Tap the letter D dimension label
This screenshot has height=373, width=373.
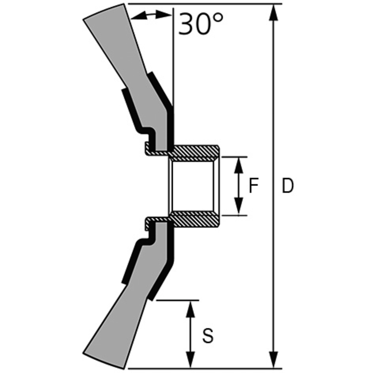[288, 186]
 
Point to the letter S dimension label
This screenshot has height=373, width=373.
[208, 336]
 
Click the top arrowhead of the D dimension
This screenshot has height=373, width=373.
[273, 12]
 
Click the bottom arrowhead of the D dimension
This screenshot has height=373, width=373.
[273, 360]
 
